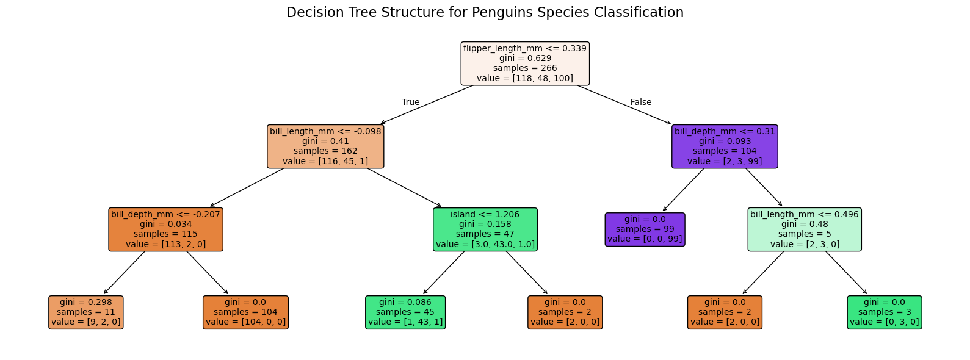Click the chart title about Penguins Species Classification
coord(485,13)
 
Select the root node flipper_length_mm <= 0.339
coord(525,63)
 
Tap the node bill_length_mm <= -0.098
coord(325,146)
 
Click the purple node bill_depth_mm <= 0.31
coord(725,146)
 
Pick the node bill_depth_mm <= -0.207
coord(165,229)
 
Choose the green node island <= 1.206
coord(485,229)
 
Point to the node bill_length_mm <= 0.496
coord(805,229)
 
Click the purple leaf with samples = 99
coord(645,229)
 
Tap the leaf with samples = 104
coord(245,312)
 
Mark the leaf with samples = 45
coord(405,312)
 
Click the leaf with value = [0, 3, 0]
coord(885,312)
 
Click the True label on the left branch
coord(411,103)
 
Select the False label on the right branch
coord(641,103)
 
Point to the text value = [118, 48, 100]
coord(525,78)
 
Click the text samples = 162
coord(325,151)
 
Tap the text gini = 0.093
coord(725,142)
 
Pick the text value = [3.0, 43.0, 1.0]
coord(485,244)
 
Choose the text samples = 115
coord(165,234)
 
